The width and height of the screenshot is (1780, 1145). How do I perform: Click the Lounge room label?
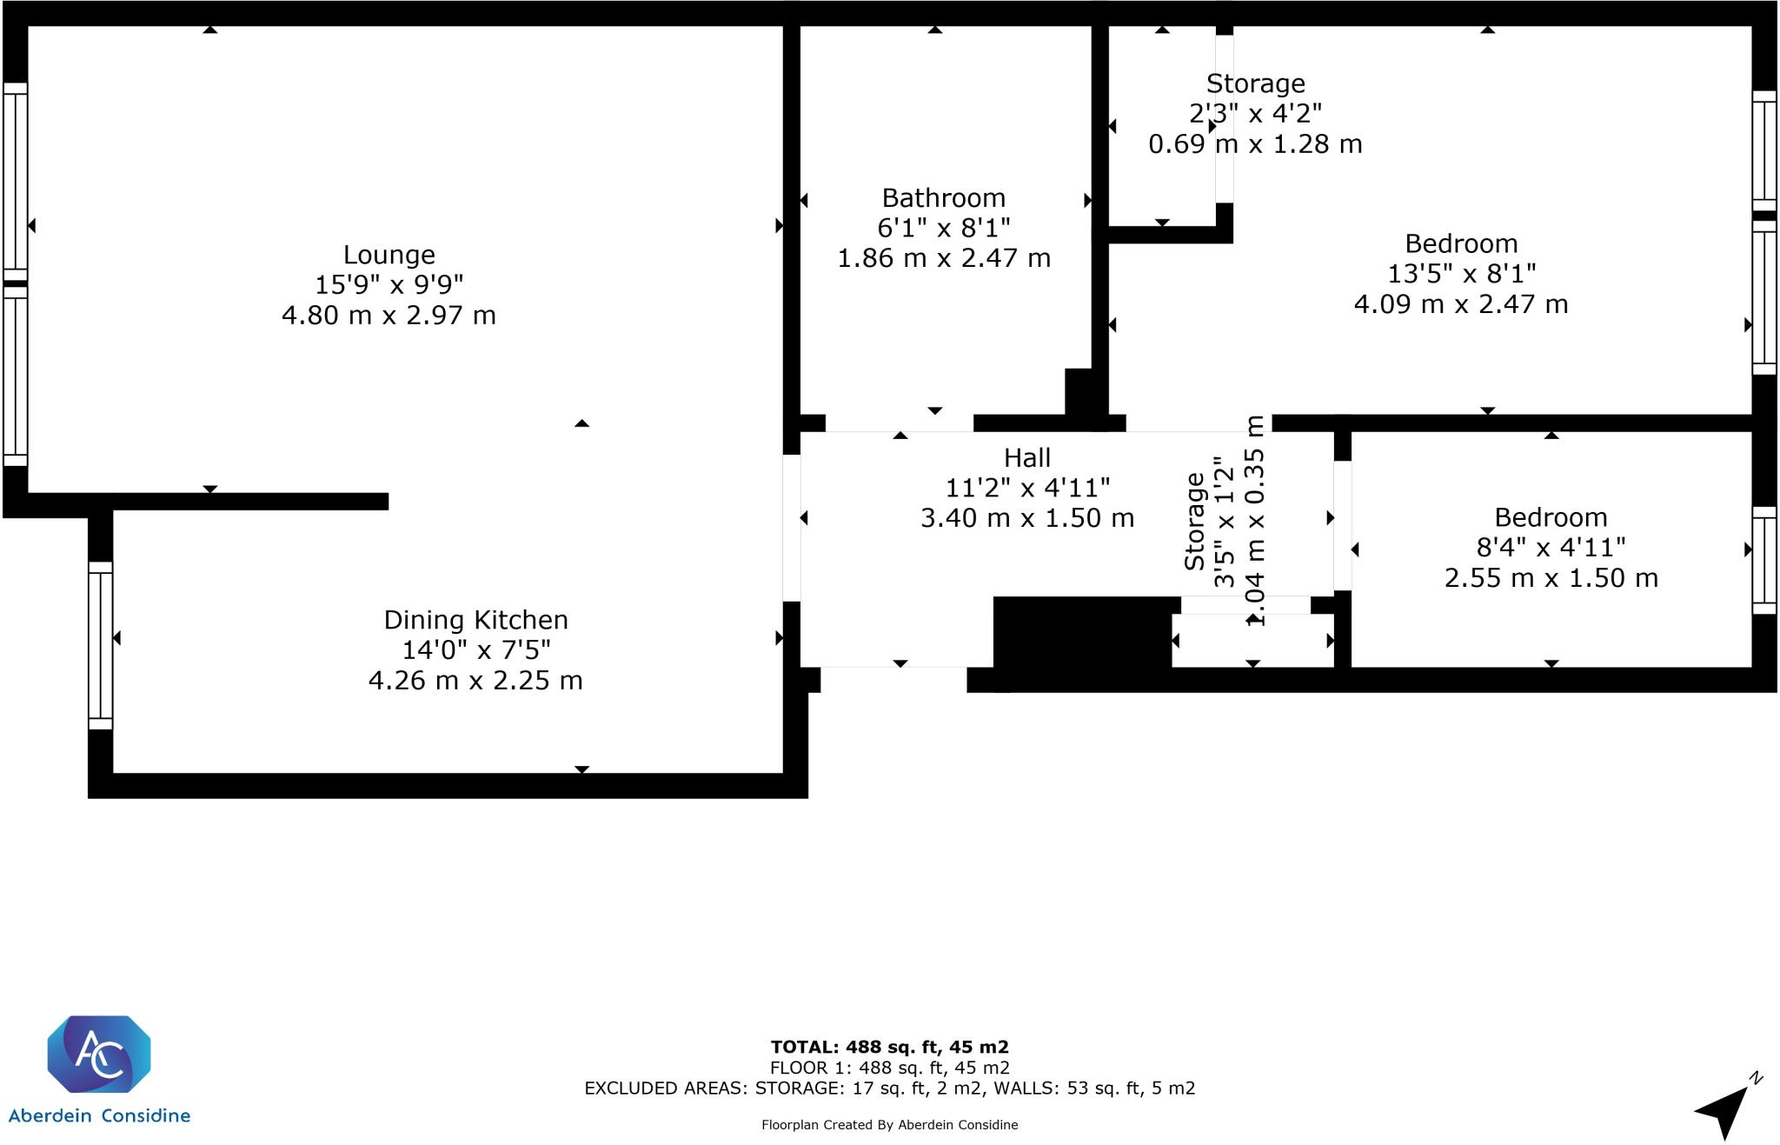tap(389, 255)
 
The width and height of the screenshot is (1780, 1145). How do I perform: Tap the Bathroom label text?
tap(943, 198)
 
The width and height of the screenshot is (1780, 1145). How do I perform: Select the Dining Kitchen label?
tap(475, 620)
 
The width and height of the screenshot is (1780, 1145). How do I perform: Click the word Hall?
tap(1026, 457)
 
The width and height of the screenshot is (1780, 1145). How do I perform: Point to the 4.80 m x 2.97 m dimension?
tap(389, 315)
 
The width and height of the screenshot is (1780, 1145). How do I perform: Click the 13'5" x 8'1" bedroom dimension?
tap(1461, 274)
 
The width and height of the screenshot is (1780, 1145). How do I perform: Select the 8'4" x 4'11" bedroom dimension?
tap(1551, 548)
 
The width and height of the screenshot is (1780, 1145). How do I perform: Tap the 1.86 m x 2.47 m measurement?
tap(943, 258)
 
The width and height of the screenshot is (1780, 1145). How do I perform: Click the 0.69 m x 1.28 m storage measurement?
tap(1255, 144)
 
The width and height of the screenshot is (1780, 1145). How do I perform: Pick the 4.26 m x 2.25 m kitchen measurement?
tap(475, 680)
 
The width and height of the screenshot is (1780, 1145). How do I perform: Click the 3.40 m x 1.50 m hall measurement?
tap(1026, 518)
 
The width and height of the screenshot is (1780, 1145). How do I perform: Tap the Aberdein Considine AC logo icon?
tap(99, 1054)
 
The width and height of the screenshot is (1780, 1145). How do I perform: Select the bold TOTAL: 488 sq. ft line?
tap(889, 1048)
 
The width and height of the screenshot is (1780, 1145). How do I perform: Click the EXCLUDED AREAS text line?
tap(889, 1088)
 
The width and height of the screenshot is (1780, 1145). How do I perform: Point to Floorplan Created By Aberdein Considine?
tap(889, 1125)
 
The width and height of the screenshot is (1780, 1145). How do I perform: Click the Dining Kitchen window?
tap(101, 645)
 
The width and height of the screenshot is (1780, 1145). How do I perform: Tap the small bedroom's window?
tap(1763, 560)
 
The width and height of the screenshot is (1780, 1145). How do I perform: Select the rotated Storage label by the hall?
tap(1195, 522)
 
